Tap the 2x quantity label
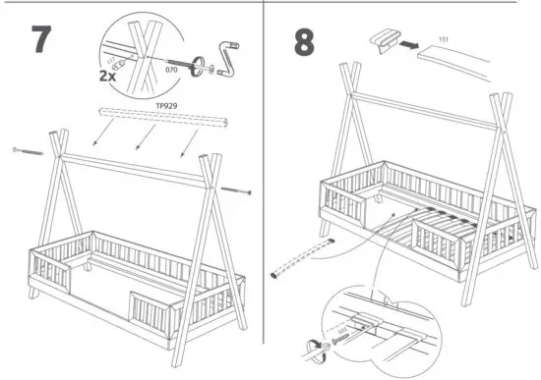pos(108,74)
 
